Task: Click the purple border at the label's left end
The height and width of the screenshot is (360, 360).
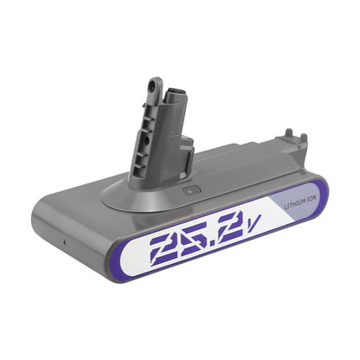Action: coord(113,259)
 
